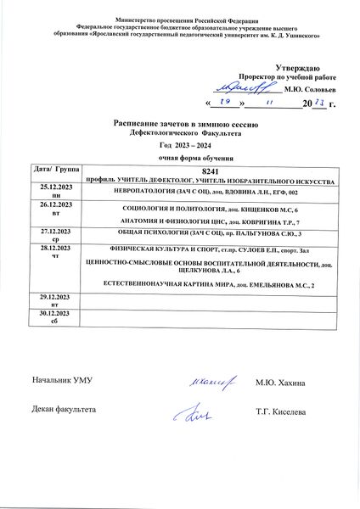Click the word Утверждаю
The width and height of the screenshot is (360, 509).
[x=298, y=67]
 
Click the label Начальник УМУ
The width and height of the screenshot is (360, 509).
[x=60, y=383]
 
